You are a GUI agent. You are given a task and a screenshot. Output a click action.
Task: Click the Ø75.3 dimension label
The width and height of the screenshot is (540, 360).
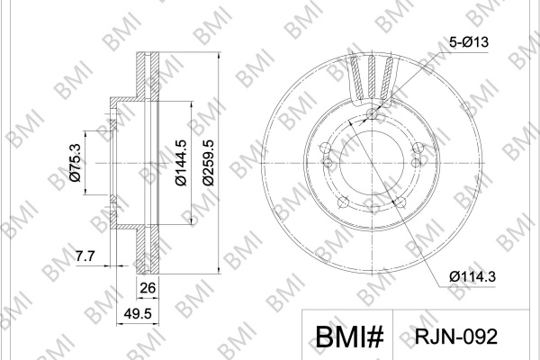[x=75, y=163]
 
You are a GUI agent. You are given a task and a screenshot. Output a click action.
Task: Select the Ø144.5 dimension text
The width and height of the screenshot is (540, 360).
[x=181, y=163]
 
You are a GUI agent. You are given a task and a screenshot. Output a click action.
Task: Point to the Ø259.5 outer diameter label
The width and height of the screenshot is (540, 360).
[x=208, y=163]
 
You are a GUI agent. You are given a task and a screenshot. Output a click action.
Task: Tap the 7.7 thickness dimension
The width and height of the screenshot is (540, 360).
[x=85, y=256]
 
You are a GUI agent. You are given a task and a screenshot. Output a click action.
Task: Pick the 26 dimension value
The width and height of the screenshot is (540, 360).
[x=148, y=288]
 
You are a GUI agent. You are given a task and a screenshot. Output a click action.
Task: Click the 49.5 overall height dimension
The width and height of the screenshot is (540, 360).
[x=138, y=313]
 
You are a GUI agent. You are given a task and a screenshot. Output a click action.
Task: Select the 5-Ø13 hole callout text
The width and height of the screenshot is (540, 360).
[x=469, y=42]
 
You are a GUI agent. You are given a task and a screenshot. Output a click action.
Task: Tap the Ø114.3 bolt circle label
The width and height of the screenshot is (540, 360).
[x=472, y=276]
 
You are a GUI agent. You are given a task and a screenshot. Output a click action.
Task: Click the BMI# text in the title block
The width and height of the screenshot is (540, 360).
[x=349, y=337]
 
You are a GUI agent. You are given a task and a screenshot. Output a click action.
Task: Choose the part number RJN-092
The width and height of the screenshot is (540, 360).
[x=456, y=337]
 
